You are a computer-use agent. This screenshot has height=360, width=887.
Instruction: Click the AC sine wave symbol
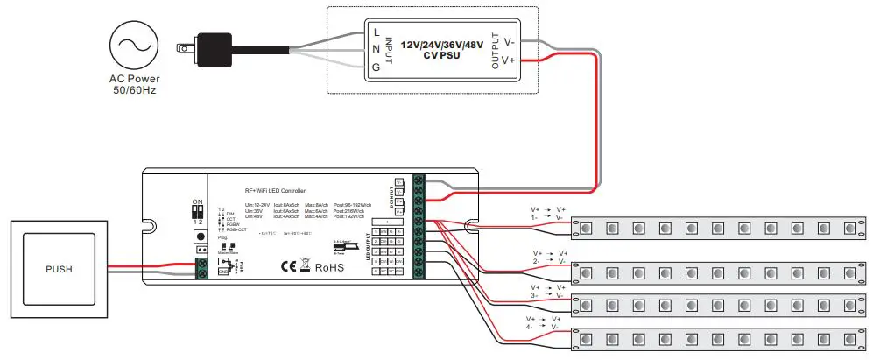134,46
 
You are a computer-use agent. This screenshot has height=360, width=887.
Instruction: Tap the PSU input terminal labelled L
376,32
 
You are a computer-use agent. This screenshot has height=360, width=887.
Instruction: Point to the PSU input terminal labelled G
376,66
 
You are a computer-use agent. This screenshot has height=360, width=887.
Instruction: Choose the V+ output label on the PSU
509,61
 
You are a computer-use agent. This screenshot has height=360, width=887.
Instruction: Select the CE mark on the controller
288,265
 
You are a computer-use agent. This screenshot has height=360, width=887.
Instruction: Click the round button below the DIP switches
201,236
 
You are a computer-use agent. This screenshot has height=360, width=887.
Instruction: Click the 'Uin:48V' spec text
254,216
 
